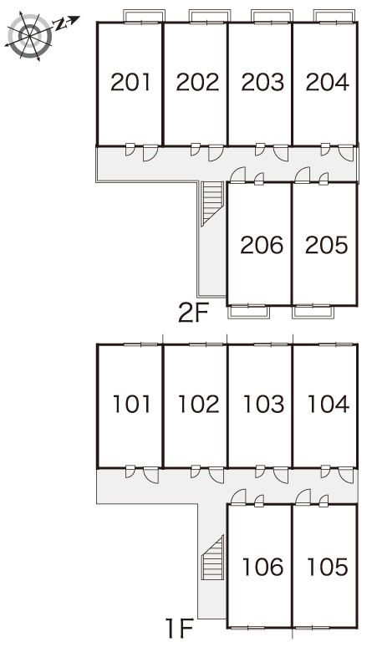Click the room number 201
[x=130, y=82]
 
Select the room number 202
[x=197, y=82]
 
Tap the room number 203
[x=262, y=82]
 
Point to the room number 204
[x=328, y=82]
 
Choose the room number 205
[x=327, y=245]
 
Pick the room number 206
[x=262, y=245]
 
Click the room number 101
[x=131, y=405]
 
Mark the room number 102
[x=198, y=405]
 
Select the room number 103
[x=264, y=405]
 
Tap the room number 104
[x=329, y=405]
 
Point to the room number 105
[x=328, y=567]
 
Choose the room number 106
[x=263, y=567]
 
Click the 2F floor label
[x=194, y=313]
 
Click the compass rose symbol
[x=30, y=36]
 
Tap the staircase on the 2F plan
[x=212, y=204]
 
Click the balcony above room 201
[x=145, y=17]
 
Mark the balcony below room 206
[x=248, y=312]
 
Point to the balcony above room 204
[x=334, y=17]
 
